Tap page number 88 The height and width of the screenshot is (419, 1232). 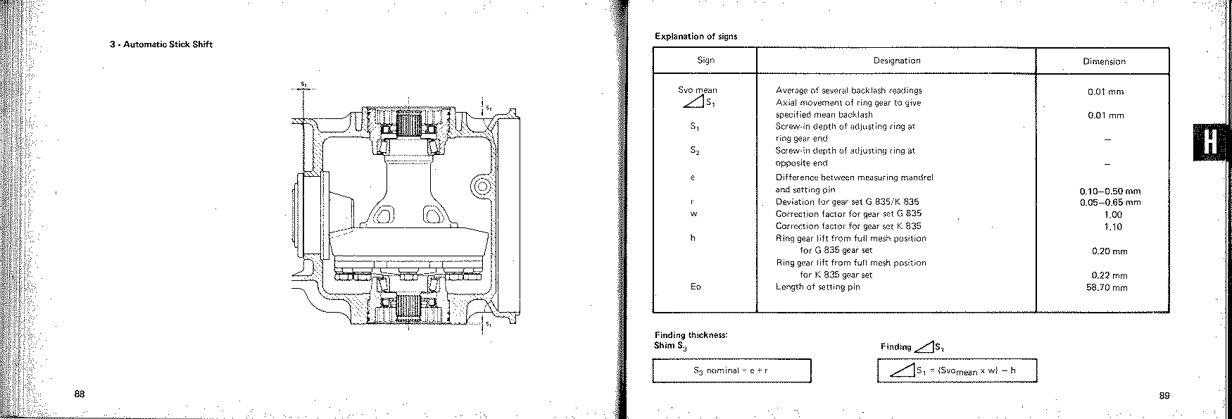[80, 394]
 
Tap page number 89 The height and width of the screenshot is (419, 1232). [1164, 396]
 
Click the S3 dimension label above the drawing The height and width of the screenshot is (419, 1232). [303, 85]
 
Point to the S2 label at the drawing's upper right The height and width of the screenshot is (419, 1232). [489, 109]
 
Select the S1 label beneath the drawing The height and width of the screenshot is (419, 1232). [489, 325]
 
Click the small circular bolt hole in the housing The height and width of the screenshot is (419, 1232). [482, 187]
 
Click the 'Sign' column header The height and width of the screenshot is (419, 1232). [705, 61]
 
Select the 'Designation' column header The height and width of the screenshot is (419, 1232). [897, 61]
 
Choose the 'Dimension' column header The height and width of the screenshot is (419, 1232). [1104, 61]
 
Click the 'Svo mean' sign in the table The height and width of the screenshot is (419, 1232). [698, 90]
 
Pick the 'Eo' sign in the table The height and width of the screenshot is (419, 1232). [696, 287]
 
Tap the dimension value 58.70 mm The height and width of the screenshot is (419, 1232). [1107, 287]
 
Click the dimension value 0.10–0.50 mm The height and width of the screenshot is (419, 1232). [1110, 191]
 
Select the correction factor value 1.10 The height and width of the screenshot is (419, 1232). [1113, 227]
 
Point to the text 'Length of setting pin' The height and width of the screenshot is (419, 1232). [817, 287]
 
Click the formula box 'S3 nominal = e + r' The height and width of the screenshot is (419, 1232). [732, 370]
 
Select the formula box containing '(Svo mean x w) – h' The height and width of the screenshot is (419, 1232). [957, 370]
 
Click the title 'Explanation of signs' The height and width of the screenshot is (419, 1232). [696, 36]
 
